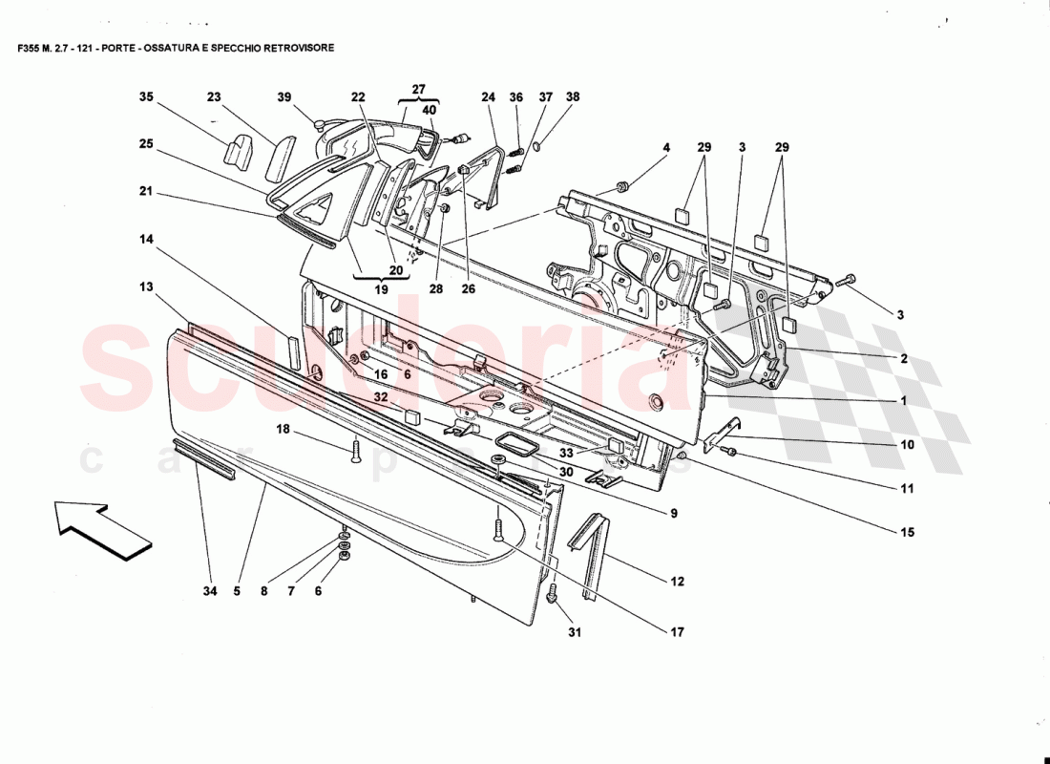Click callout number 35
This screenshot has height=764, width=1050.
coord(146,97)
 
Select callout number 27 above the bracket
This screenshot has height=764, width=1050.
coord(418,89)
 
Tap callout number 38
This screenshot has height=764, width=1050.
coord(573,97)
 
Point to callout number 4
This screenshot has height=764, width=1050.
coord(666,148)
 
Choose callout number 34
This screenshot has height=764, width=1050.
coord(209,591)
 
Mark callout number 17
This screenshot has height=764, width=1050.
coord(676,631)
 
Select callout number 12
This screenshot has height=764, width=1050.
coord(676,581)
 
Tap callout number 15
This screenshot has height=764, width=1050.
coord(906,532)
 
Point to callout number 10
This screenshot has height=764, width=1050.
coord(906,445)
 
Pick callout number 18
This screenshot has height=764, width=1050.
coord(283,431)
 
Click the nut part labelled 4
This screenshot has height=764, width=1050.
coord(621,184)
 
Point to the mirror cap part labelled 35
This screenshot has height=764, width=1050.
coord(235,151)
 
